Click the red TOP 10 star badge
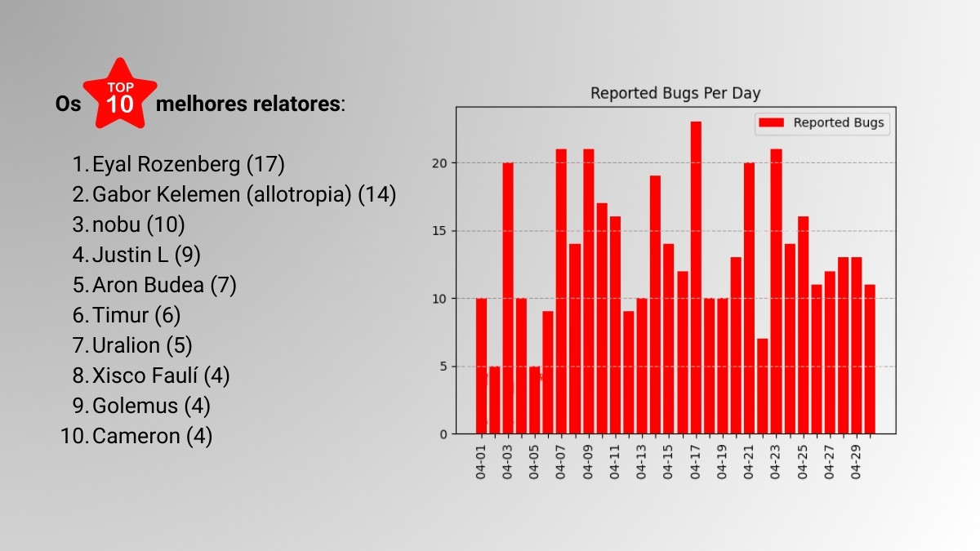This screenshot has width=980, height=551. point(120,95)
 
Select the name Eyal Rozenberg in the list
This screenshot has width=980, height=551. point(167,164)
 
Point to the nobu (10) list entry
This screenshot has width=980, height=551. point(138,224)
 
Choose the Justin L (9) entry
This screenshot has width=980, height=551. point(146,255)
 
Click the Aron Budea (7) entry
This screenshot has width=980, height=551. point(164,285)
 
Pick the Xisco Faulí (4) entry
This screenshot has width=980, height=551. point(161,375)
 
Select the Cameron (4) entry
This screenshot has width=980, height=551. point(152,436)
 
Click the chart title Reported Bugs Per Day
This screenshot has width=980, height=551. point(675,93)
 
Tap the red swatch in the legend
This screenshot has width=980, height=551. point(771,122)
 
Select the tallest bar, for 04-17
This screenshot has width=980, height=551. point(696,278)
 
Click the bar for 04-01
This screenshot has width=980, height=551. point(481,366)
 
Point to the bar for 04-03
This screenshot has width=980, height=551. point(508,298)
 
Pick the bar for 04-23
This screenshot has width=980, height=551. point(776,291)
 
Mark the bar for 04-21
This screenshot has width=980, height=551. point(749,298)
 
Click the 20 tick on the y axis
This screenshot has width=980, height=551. point(439,163)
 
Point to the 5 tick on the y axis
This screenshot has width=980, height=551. point(443,367)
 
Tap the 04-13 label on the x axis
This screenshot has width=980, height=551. point(641,462)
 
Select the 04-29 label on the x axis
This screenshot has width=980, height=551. point(856,462)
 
